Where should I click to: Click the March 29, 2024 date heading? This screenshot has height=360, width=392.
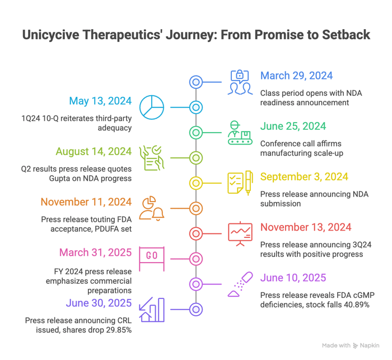296,76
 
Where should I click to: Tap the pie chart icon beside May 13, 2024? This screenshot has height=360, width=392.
151,107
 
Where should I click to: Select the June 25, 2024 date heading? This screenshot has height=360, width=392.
293,127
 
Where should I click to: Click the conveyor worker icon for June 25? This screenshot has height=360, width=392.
240,133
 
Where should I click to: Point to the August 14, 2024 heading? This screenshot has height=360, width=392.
94,152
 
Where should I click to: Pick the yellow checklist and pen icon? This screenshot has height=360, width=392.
240,183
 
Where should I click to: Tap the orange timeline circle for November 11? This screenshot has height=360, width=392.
195,208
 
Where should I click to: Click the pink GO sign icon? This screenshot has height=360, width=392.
152,258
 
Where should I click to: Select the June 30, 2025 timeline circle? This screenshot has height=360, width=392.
195,309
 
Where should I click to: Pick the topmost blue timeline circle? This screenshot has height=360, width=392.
195,82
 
